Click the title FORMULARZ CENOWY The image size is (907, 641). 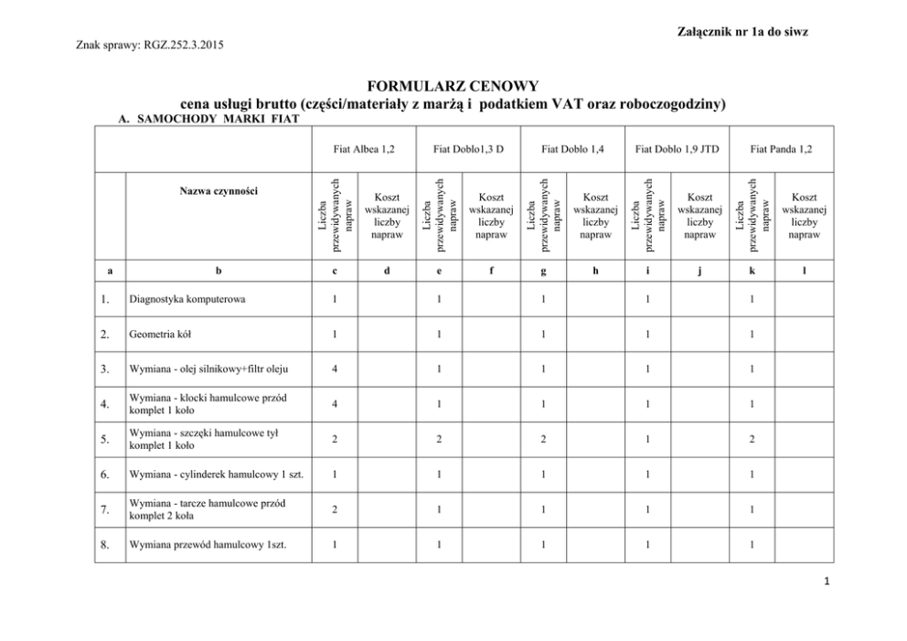click(x=453, y=87)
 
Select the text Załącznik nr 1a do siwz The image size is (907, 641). click(x=743, y=32)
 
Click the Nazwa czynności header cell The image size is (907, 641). click(x=219, y=191)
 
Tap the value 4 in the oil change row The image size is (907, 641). click(x=336, y=370)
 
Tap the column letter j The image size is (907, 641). click(x=699, y=270)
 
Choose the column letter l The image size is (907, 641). click(x=804, y=270)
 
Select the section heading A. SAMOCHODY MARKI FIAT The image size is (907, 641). click(x=198, y=119)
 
